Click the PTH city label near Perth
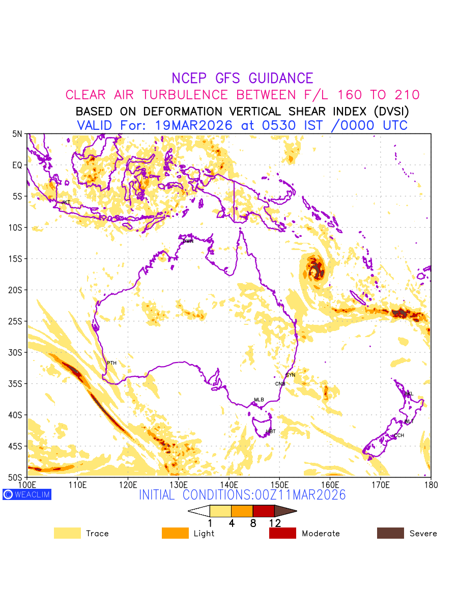pos(111,363)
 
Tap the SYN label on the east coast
pos(290,375)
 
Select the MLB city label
pos(259,400)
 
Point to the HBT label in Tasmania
pos(271,432)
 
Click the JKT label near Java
pos(66,202)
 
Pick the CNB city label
pos(280,384)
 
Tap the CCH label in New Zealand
pos(399,435)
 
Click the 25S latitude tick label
pos(17,321)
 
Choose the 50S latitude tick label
pos(17,477)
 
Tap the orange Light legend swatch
pos(175,533)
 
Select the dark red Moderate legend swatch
pos(282,533)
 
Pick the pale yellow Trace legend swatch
pos(67,533)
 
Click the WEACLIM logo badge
pos(27,494)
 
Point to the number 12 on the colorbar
pos(275,523)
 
